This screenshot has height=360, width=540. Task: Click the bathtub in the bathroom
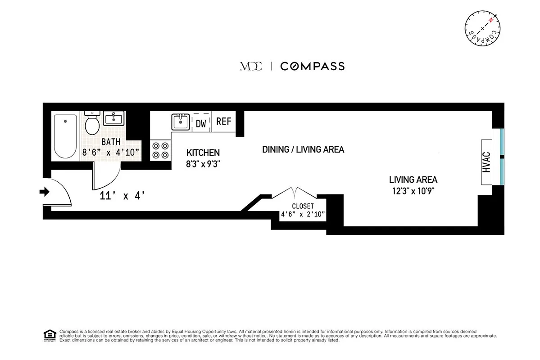pos(66,136)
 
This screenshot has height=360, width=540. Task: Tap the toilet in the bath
pos(92,123)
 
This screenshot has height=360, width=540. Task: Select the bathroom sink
pos(113,119)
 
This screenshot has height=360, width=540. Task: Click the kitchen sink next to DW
pos(181,121)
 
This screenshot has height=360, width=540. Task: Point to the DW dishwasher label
pos(201,123)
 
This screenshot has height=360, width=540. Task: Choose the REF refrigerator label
pos(223,121)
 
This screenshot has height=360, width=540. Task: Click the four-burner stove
pos(161,150)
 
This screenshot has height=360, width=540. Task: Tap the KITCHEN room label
pos(203,153)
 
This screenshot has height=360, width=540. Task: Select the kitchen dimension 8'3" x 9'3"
pos(203,164)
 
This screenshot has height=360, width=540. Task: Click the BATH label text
pos(111,142)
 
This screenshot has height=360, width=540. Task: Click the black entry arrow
pos(44,192)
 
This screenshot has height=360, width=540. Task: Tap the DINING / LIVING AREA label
pos(303,149)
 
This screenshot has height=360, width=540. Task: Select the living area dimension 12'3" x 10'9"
pos(413,191)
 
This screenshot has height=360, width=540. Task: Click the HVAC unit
pos(486,162)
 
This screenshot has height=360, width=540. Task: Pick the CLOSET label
pos(303,206)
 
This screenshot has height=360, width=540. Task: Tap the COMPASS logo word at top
pos(312,66)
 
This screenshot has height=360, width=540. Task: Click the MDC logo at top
pos(250,66)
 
